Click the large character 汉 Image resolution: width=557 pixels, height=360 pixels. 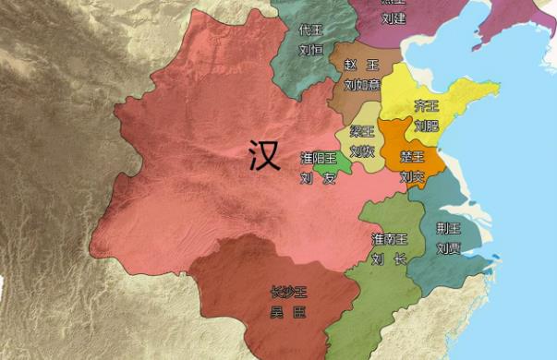pos(264,156)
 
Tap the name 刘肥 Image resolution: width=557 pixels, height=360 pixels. pos(427,125)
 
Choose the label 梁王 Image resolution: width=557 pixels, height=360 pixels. pos(362,133)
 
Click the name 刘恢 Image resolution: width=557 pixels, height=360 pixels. pos(362,151)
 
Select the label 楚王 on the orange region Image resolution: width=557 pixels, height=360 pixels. pos(412,157)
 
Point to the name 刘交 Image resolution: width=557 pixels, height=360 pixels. pos(412,175)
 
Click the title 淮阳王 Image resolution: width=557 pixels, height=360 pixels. pos(317,159)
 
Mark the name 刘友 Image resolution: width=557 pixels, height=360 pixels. pos(317,179)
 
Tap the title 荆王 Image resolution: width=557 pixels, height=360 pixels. pos(449,228)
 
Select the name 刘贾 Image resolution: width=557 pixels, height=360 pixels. pos(449,247)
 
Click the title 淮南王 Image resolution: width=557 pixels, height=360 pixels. pos(388,239)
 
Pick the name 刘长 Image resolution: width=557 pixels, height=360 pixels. pos(388,259)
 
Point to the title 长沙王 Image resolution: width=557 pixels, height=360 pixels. pos(287,293)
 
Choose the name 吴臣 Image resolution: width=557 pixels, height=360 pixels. pos(287,313)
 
